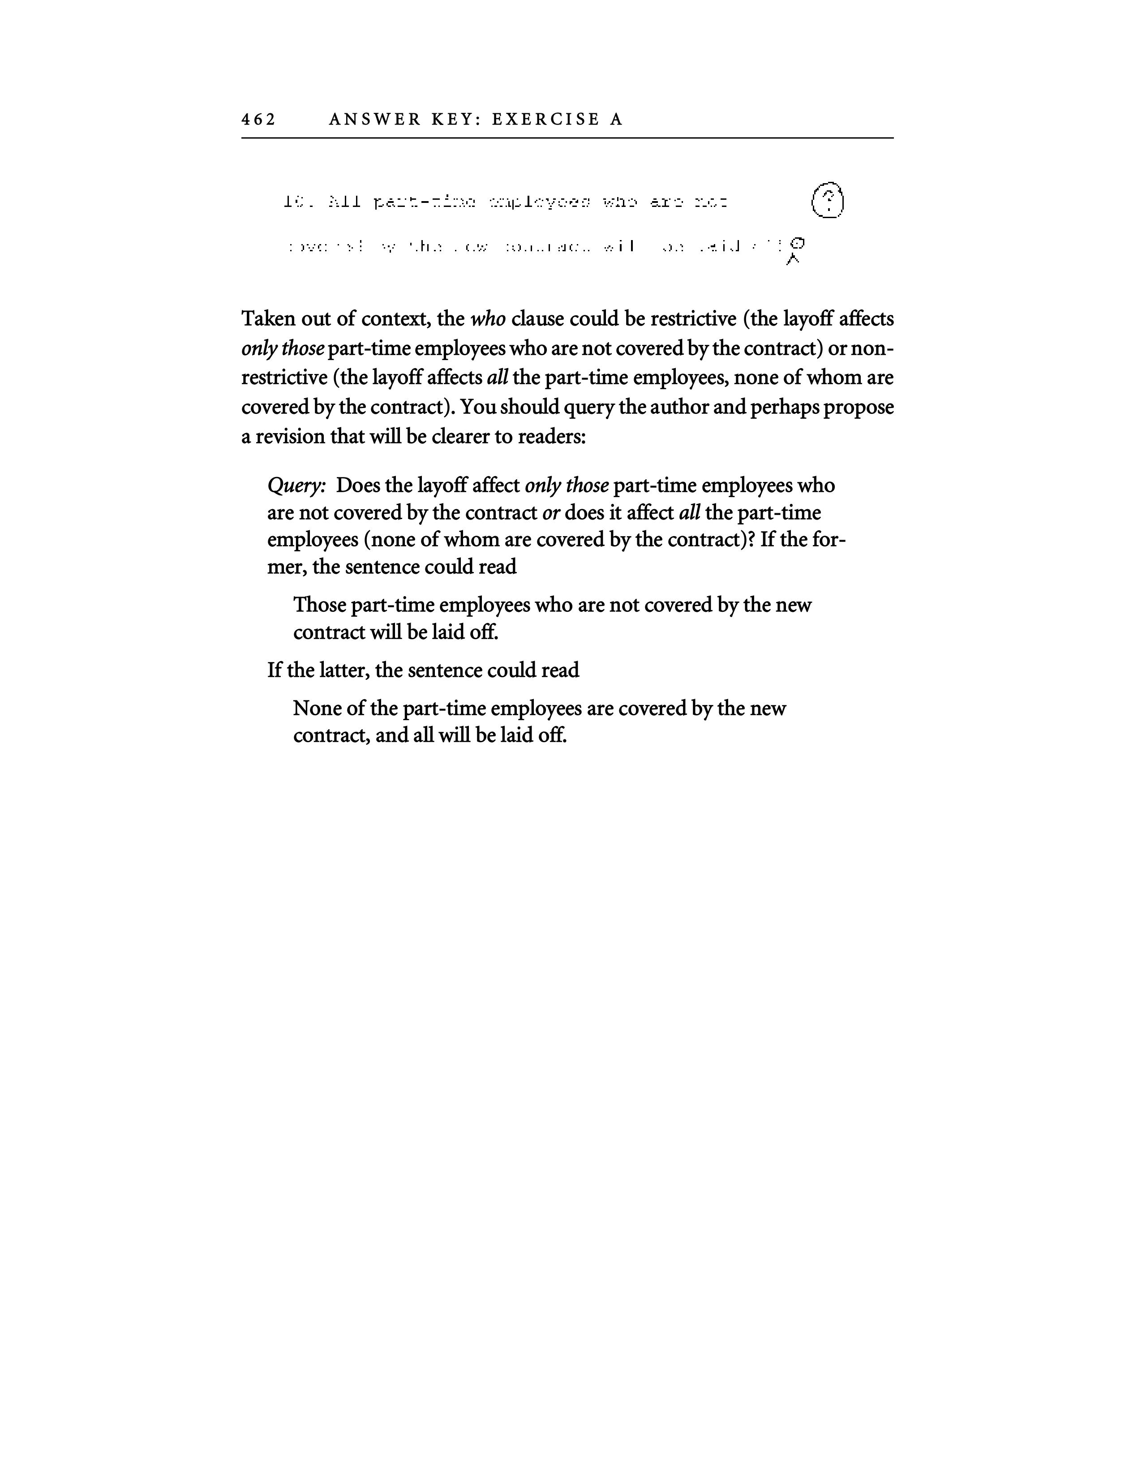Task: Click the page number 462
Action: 258,120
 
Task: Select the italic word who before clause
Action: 487,319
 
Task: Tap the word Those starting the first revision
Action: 320,605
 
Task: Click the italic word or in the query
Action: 551,513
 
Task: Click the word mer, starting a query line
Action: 288,567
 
